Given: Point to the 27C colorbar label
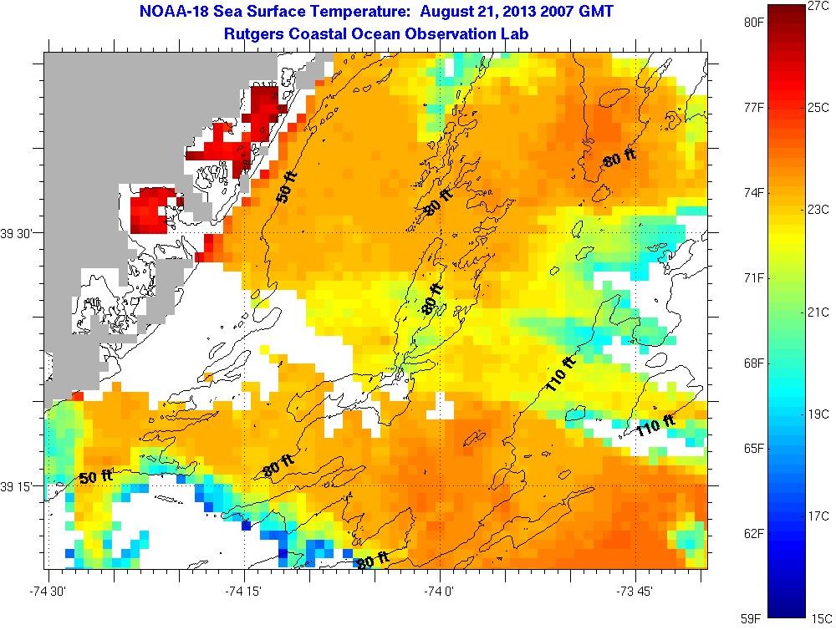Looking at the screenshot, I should pyautogui.click(x=818, y=6).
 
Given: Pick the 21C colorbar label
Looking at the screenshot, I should pyautogui.click(x=818, y=312).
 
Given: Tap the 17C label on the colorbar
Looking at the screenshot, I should pyautogui.click(x=818, y=516).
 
